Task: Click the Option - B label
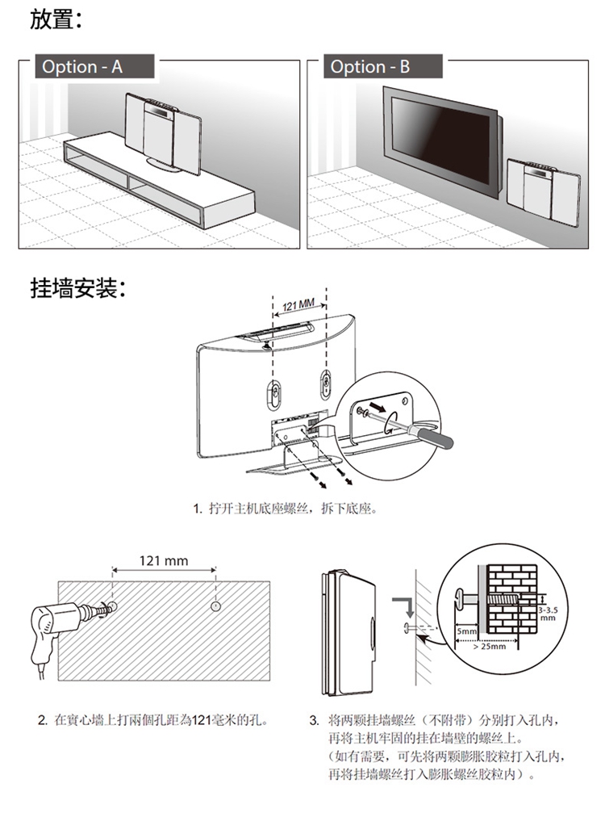(369, 66)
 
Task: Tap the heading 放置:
(56, 19)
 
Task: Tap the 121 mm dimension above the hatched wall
(163, 560)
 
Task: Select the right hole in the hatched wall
(216, 606)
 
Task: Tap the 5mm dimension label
(466, 631)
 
